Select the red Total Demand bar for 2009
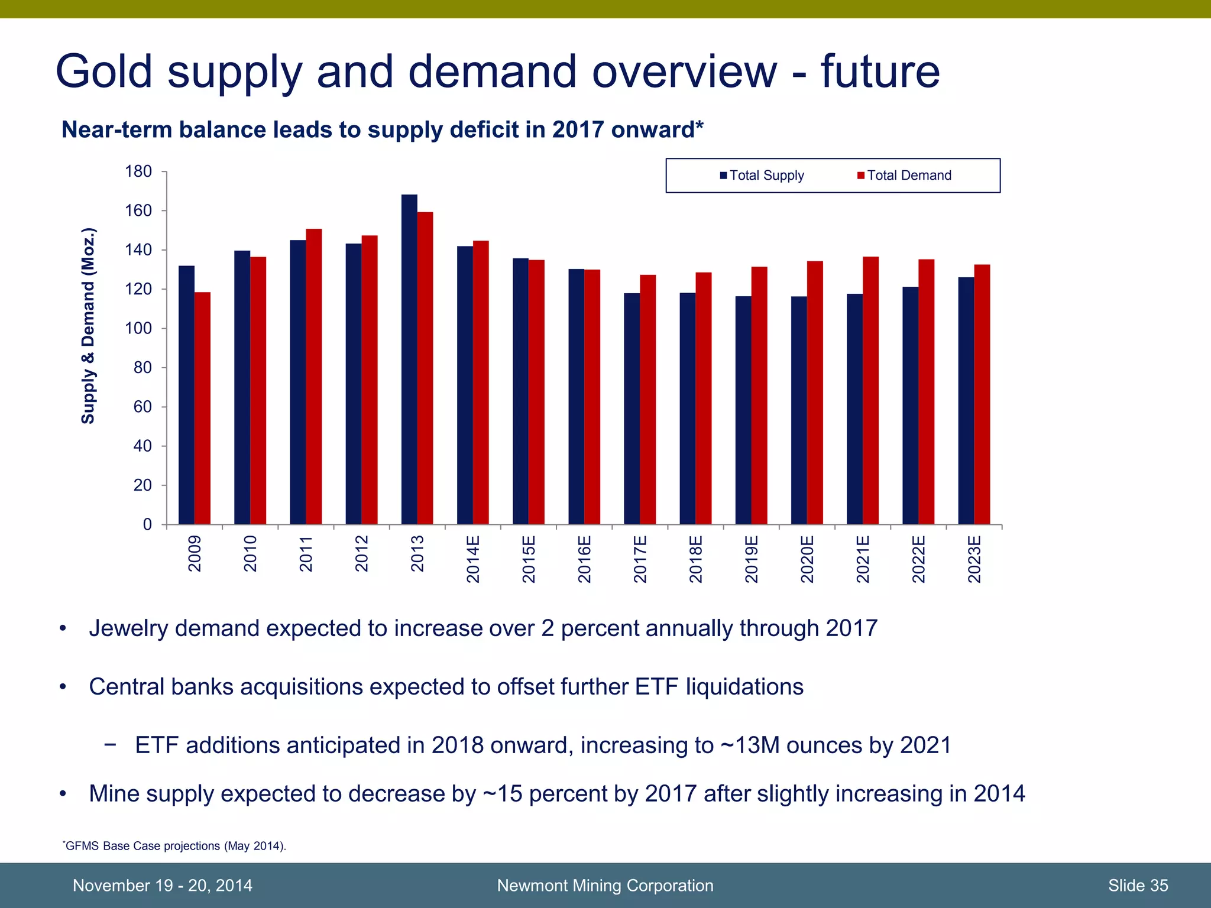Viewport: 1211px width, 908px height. click(202, 408)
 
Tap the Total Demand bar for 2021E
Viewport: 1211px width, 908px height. click(870, 390)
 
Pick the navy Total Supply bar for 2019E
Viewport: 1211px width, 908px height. click(743, 410)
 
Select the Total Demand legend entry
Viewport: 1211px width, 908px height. click(904, 176)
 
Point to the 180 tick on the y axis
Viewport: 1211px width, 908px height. click(138, 172)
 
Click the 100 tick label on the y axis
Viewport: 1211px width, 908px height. click(138, 329)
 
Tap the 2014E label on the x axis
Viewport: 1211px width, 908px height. click(473, 559)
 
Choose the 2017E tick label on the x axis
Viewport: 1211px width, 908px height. click(640, 559)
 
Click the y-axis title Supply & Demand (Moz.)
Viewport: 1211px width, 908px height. click(88, 326)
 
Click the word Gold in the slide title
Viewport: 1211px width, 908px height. click(105, 72)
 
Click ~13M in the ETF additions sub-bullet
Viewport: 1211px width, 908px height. click(750, 745)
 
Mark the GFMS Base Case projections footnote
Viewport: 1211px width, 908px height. click(175, 846)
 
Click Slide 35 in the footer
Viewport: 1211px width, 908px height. click(1138, 886)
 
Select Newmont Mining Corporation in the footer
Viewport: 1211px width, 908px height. click(605, 886)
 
